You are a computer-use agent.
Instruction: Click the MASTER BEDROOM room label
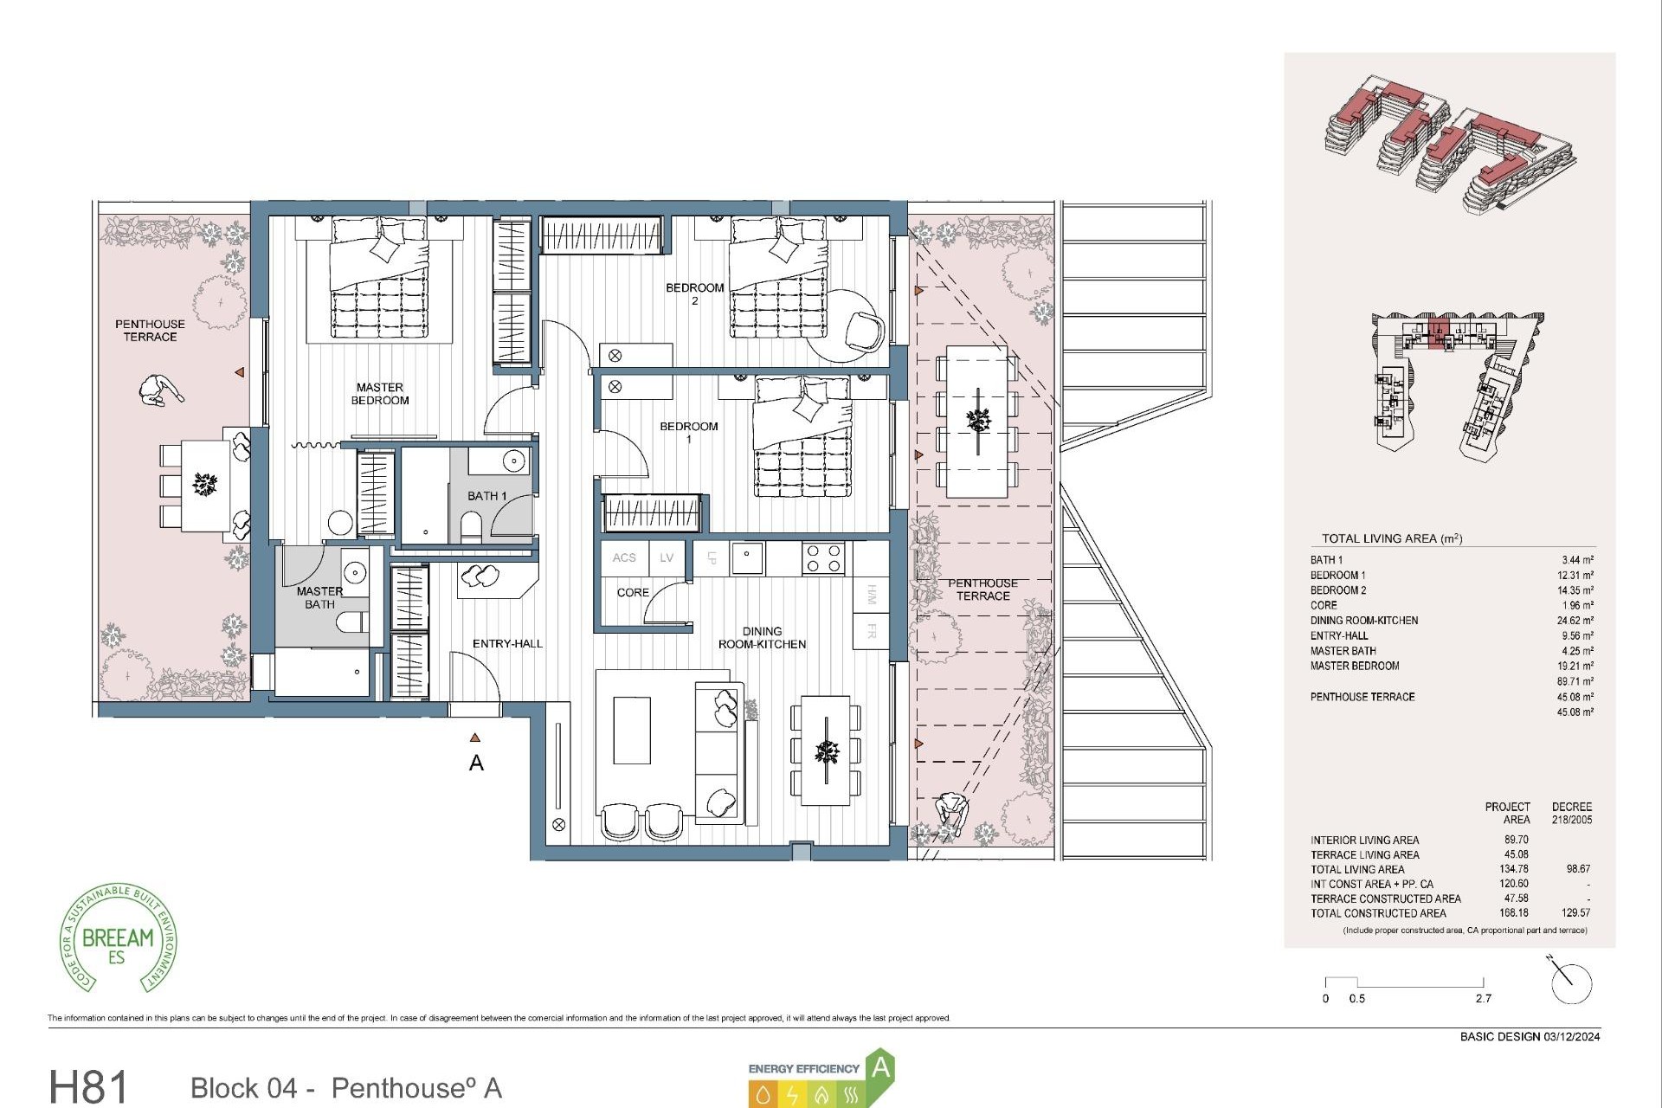tap(380, 394)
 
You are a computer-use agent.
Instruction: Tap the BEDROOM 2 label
tap(694, 293)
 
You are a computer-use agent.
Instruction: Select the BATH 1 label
tap(486, 496)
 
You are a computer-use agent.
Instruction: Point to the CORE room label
tap(633, 593)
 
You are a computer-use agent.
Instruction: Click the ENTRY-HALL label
tap(507, 644)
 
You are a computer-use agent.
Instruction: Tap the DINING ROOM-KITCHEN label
tap(762, 638)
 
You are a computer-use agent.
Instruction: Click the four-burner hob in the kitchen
tap(823, 558)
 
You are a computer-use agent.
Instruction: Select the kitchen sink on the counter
tap(747, 558)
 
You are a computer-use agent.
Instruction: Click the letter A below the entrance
tap(476, 763)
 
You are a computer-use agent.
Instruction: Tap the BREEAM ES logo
tap(119, 940)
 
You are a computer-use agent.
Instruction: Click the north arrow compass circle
tap(1571, 984)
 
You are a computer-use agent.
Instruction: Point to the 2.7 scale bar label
tap(1484, 999)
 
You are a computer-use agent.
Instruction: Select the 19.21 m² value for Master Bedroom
tap(1575, 667)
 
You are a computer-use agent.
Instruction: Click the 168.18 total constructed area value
tap(1514, 913)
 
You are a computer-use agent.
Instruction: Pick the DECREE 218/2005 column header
tap(1571, 813)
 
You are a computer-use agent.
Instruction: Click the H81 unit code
tap(88, 1086)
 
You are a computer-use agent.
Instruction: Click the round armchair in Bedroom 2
tap(864, 330)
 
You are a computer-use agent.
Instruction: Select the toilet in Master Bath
tap(351, 622)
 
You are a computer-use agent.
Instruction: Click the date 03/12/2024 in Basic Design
tap(1571, 1037)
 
